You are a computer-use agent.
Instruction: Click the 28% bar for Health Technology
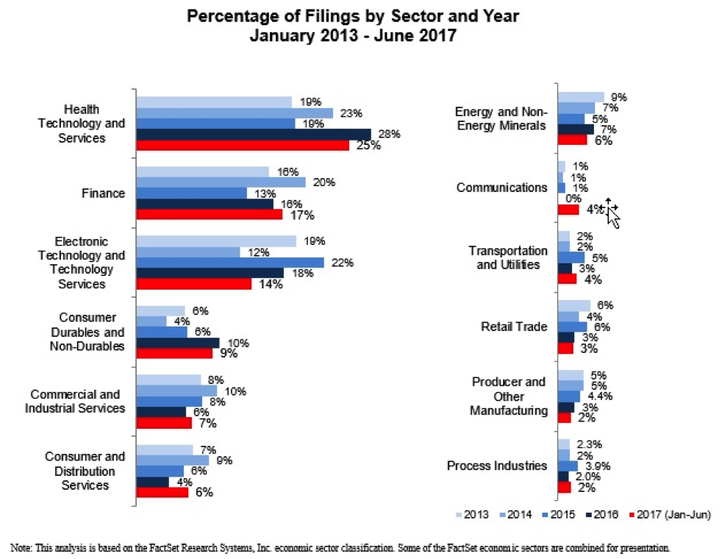click(x=254, y=135)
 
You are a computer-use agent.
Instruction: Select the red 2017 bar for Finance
click(x=210, y=215)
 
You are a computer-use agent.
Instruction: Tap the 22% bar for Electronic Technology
click(x=230, y=263)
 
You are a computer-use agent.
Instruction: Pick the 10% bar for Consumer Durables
click(x=178, y=343)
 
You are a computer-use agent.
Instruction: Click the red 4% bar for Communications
click(x=568, y=210)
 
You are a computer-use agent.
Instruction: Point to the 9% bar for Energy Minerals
click(x=581, y=97)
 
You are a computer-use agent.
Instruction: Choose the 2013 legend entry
click(x=473, y=515)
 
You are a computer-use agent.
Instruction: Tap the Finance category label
click(x=103, y=193)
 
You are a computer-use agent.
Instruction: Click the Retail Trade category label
click(x=514, y=327)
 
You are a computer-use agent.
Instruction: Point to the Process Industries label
click(x=497, y=466)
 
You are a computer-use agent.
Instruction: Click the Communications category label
click(x=501, y=188)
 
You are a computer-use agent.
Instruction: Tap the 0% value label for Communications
click(x=574, y=199)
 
